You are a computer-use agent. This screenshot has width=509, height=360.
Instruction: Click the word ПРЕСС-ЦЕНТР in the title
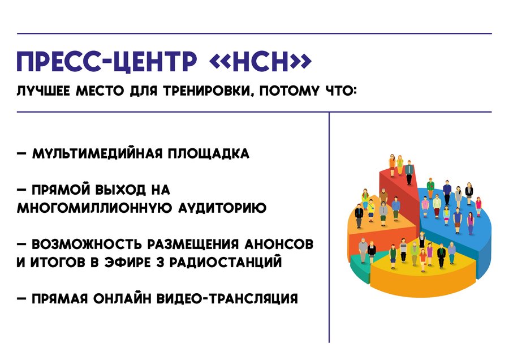107,61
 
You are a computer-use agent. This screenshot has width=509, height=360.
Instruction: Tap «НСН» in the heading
261,61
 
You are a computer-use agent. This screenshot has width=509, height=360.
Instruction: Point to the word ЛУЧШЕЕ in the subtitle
43,91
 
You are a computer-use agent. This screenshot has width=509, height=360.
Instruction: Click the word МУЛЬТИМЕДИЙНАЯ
97,153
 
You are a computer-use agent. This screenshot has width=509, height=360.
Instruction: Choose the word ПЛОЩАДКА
208,153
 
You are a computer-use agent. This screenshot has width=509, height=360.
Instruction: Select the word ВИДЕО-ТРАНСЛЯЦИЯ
227,299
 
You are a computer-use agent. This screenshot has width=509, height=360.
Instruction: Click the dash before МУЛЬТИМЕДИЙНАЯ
21,154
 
